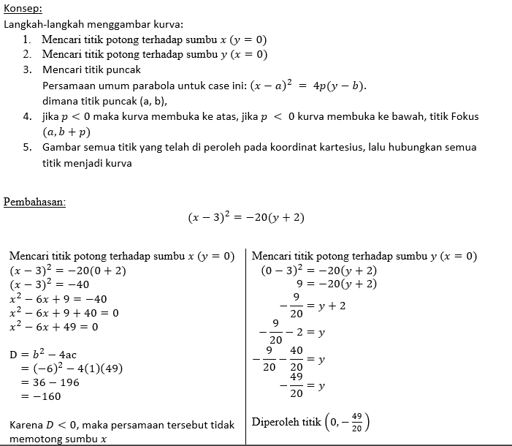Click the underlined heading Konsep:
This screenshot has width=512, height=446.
pyautogui.click(x=23, y=9)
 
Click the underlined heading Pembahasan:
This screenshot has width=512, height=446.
pyautogui.click(x=34, y=202)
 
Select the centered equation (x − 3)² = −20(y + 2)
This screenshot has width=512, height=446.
pyautogui.click(x=245, y=218)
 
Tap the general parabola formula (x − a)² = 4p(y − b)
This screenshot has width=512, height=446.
pyautogui.click(x=307, y=86)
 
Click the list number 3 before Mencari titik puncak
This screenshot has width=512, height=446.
pyautogui.click(x=26, y=70)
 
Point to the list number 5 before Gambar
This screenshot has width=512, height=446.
pyautogui.click(x=26, y=147)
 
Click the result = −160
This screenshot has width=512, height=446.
pyautogui.click(x=41, y=396)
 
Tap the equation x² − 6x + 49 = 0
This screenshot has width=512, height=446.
pyautogui.click(x=53, y=327)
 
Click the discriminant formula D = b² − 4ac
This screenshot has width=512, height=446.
pyautogui.click(x=45, y=354)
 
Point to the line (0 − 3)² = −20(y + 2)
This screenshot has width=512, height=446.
pyautogui.click(x=319, y=271)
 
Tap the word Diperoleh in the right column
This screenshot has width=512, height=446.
pyautogui.click(x=275, y=422)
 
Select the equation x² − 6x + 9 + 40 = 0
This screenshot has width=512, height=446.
pyautogui.click(x=64, y=313)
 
